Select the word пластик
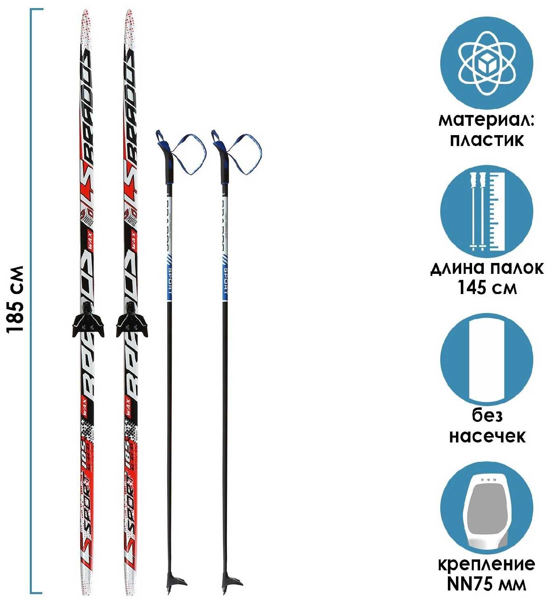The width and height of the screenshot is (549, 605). coord(487,140)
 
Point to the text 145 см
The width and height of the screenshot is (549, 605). coord(487,288)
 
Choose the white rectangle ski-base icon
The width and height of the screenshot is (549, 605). coord(486,359)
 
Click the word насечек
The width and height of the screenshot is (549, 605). coord(487,436)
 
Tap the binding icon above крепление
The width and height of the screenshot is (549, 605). coord(486,509)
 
